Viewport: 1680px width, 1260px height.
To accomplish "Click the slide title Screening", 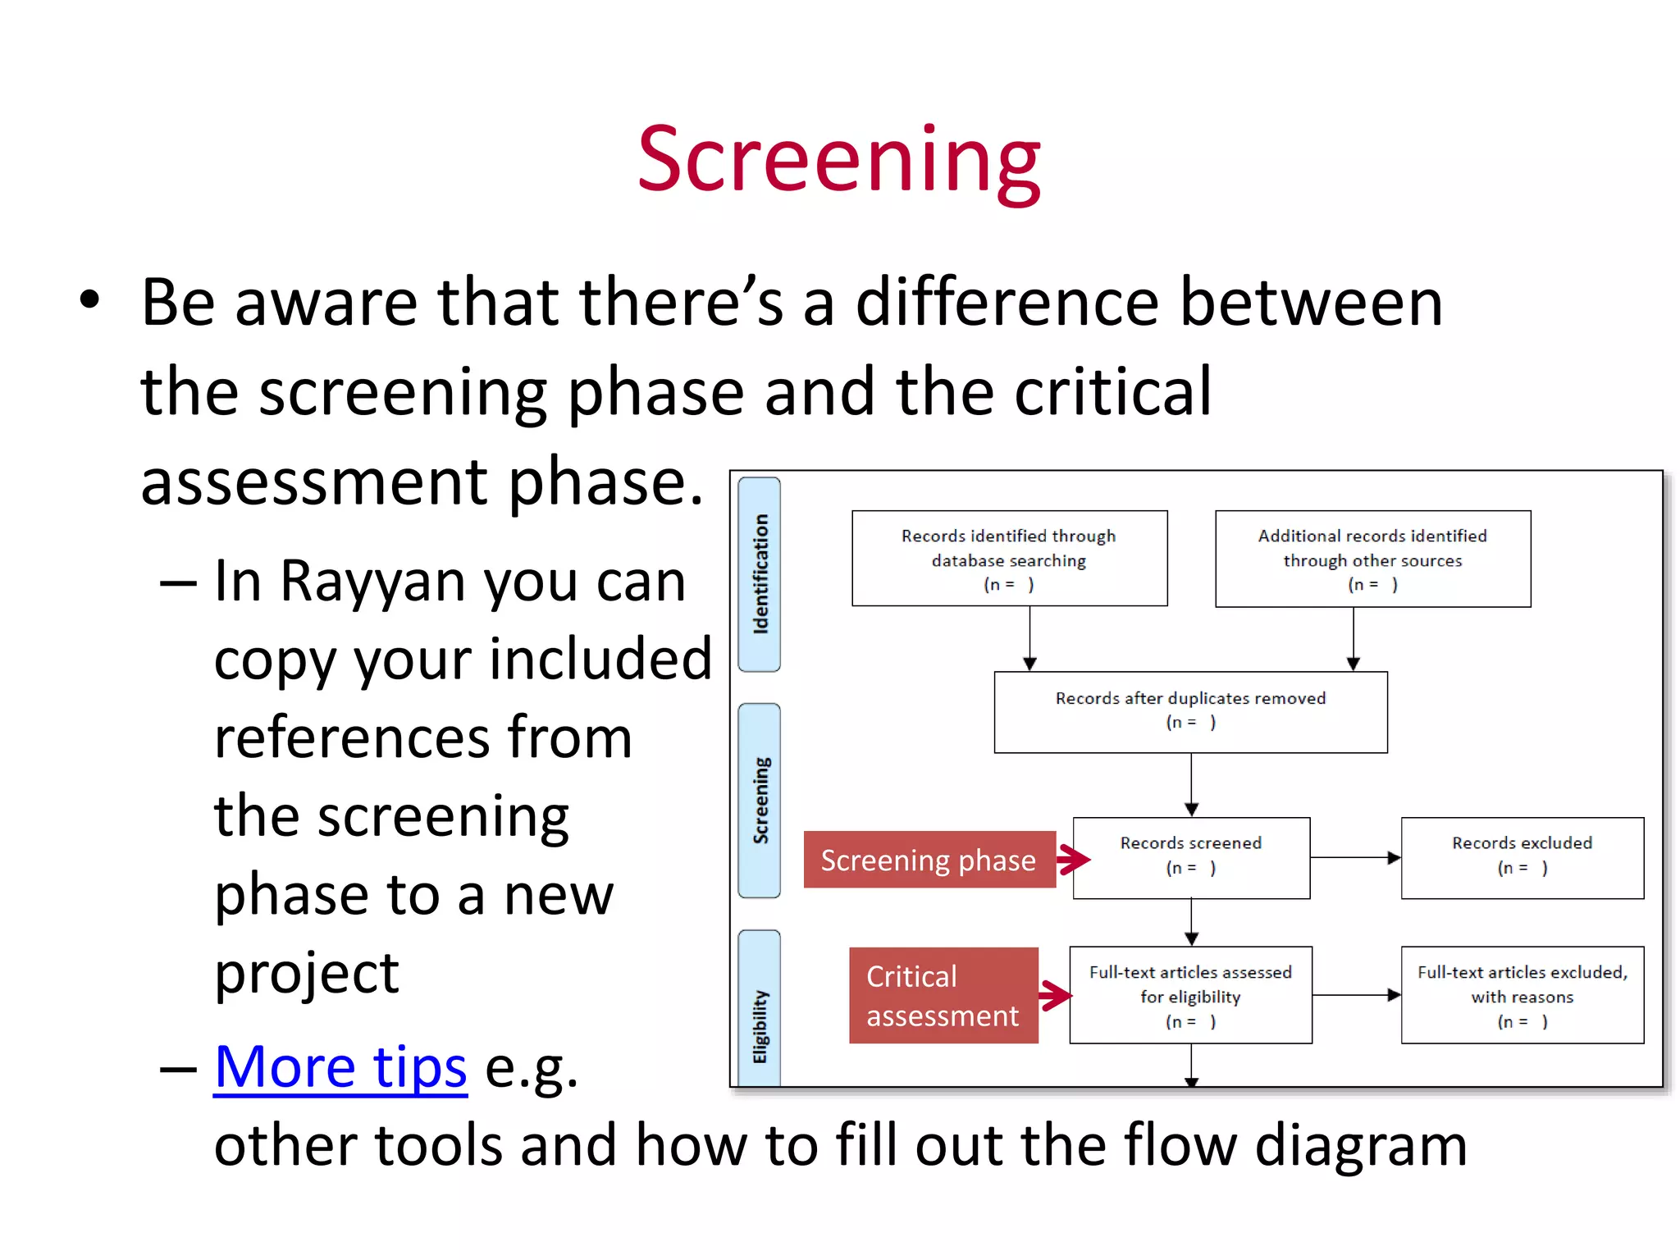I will [x=838, y=160].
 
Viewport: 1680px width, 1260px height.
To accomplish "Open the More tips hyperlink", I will [x=340, y=1067].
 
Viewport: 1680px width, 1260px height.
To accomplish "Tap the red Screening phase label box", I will [x=929, y=860].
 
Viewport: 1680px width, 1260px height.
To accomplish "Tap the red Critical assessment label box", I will [x=943, y=995].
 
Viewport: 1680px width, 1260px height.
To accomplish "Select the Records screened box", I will [x=1191, y=857].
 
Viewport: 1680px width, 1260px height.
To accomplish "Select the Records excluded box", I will [x=1522, y=857].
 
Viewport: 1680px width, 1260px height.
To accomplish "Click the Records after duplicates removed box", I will [x=1190, y=711].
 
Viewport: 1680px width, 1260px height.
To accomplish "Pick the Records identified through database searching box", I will [x=1009, y=559].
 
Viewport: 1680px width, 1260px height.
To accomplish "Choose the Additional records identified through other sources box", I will [x=1372, y=559].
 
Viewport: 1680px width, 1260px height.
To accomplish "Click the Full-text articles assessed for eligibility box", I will [x=1190, y=995].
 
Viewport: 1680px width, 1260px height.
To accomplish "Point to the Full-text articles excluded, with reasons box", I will [x=1522, y=995].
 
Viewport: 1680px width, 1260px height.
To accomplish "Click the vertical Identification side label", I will [x=760, y=574].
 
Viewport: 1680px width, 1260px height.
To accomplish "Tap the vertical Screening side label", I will [x=760, y=800].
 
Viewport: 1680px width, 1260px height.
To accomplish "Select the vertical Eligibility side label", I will [x=760, y=1025].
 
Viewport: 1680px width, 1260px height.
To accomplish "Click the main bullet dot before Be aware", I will [x=89, y=300].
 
